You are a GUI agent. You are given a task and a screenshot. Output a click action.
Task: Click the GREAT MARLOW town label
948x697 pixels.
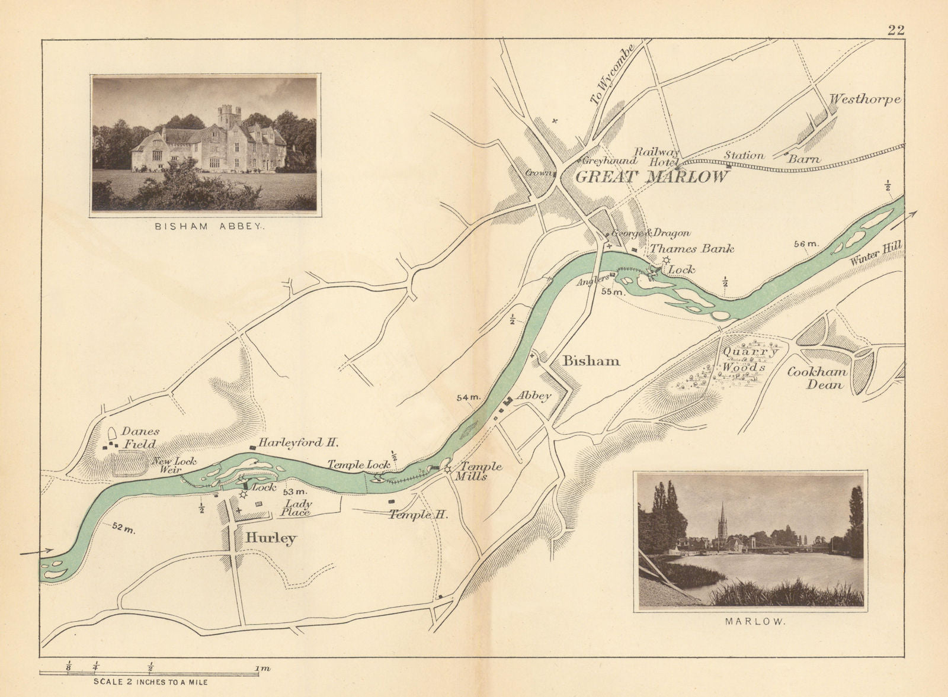click(652, 177)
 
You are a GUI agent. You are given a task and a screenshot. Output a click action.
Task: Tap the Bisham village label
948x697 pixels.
click(591, 361)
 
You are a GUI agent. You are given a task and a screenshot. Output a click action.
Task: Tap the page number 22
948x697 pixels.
click(896, 31)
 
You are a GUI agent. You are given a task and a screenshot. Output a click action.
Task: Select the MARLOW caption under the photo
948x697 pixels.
click(749, 622)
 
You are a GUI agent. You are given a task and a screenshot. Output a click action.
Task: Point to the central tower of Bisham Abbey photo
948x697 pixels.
click(229, 115)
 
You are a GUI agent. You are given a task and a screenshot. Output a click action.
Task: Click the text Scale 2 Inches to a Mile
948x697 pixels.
click(150, 682)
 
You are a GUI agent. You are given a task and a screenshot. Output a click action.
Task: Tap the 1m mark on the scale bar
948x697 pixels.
click(262, 669)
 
